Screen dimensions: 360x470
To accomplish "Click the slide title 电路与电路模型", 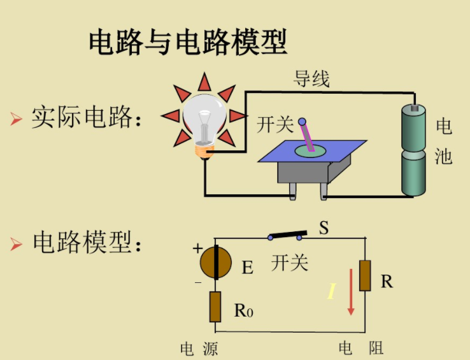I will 188,42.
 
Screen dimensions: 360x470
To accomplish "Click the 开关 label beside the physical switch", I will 274,125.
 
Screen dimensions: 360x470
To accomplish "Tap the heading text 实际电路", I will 86,118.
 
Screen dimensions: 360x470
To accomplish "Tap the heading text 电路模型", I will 86,243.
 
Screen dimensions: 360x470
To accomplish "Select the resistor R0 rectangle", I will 215,307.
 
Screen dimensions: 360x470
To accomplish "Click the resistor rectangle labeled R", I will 365,275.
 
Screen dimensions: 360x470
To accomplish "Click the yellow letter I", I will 331,292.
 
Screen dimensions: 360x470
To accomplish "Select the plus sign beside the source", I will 197,248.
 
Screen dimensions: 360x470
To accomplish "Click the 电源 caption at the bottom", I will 199,349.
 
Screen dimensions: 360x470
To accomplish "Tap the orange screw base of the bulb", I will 204,151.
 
